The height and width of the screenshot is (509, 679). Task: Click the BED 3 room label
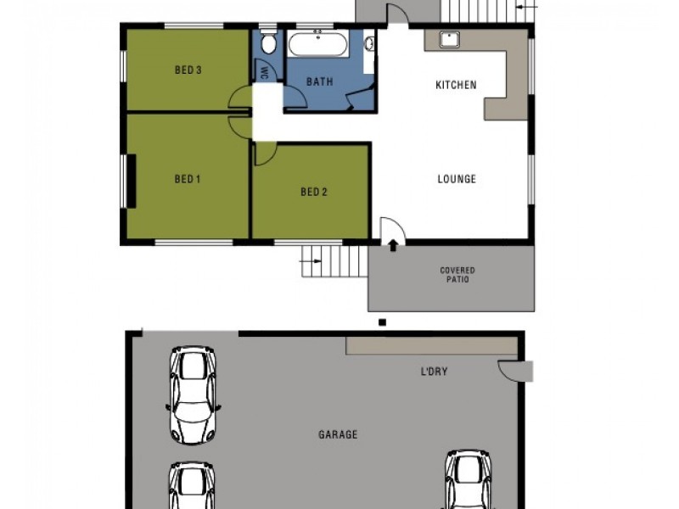188,70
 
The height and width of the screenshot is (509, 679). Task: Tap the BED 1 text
187,178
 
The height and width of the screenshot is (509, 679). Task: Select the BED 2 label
313,192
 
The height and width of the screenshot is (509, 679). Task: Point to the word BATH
319,82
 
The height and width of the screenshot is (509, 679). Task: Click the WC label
265,71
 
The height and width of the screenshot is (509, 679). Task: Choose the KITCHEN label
456,85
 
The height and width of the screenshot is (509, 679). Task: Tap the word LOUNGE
457,179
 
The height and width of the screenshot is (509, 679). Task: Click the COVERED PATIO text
457,275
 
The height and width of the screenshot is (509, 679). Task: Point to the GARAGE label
338,434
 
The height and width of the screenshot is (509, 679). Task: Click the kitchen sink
448,38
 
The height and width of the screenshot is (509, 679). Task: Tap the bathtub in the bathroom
317,44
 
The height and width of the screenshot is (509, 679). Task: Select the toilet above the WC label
268,44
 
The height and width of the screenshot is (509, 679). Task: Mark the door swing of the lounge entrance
392,231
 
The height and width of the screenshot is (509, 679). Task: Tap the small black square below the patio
383,322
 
